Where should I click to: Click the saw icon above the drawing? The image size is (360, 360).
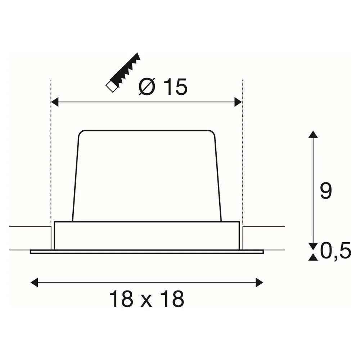coord(123,72)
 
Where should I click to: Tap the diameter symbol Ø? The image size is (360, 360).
coord(147,87)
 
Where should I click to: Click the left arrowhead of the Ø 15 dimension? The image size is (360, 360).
coord(54,102)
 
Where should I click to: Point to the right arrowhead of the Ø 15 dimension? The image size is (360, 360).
coord(238,102)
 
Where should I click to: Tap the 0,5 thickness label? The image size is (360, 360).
coord(336,250)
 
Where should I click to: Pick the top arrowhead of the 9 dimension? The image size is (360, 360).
coord(313,134)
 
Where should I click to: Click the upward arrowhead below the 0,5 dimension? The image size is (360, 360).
coord(313,257)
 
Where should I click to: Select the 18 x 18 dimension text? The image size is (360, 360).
coord(147,299)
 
